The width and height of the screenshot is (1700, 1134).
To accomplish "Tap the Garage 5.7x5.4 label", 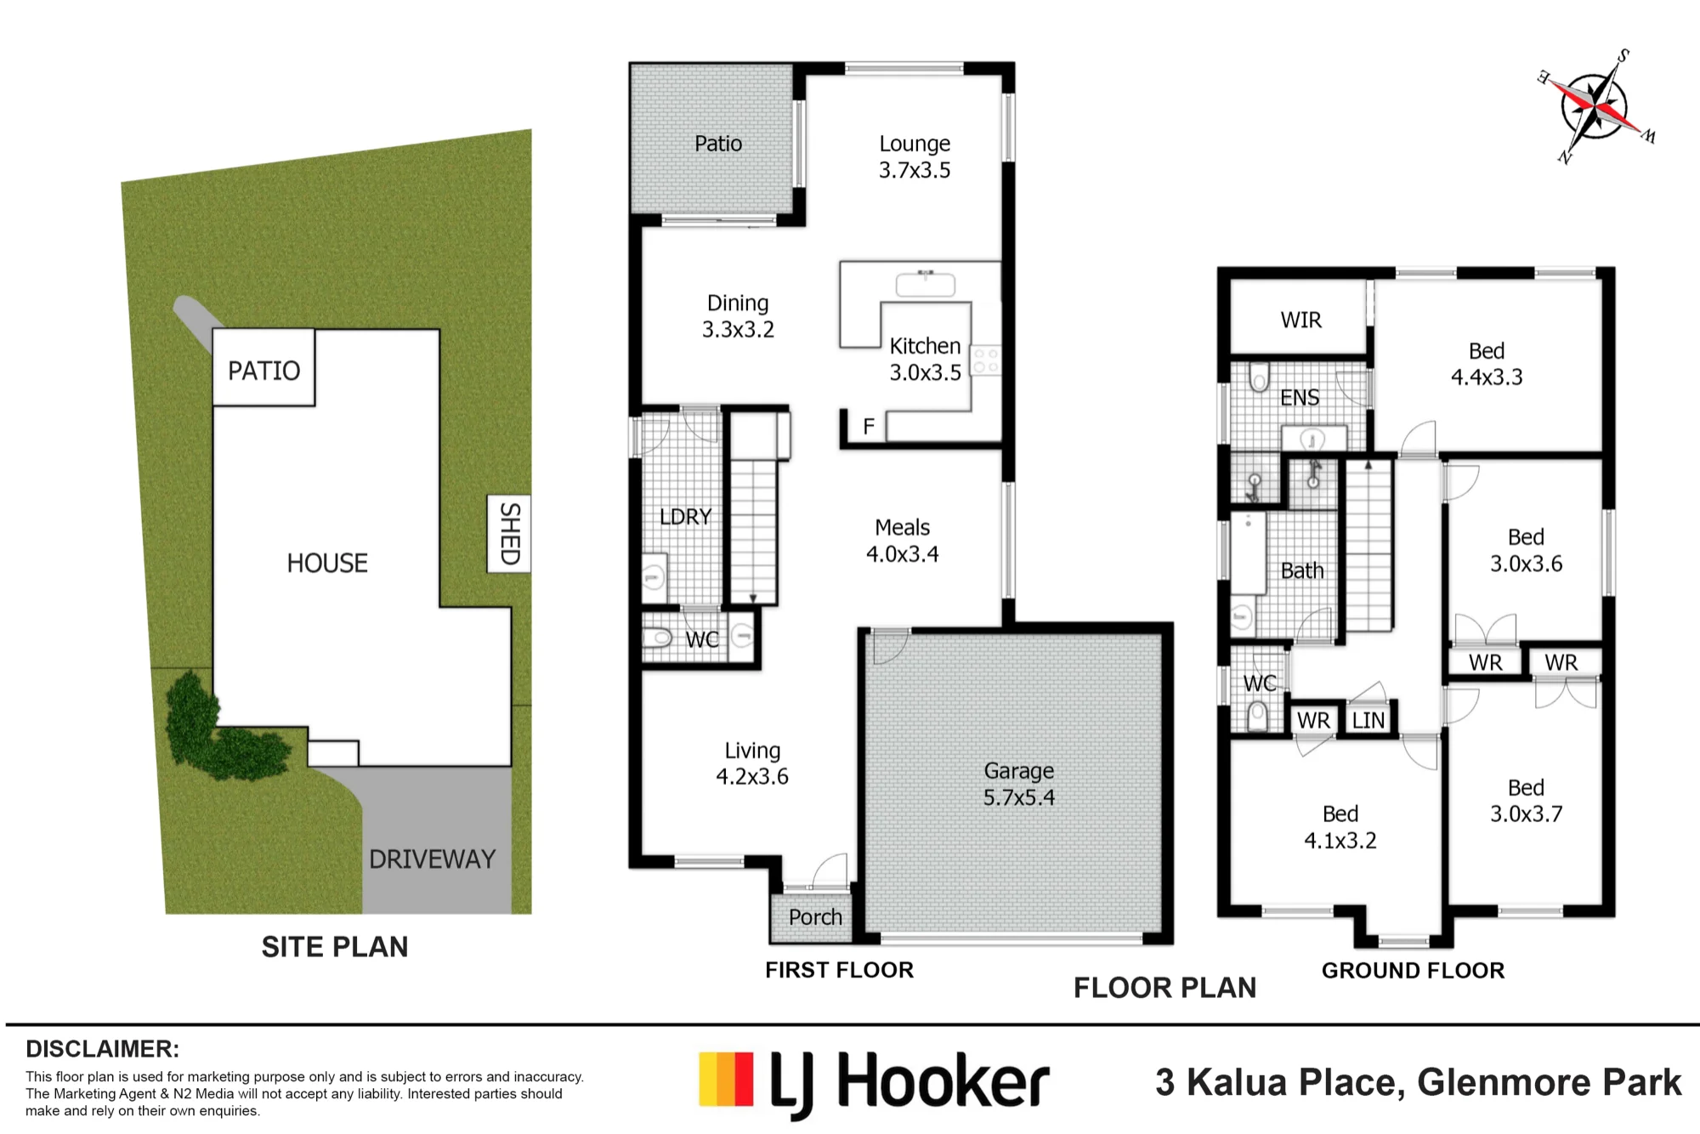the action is pyautogui.click(x=1019, y=784).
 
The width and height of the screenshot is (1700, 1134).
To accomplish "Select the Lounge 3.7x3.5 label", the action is pyautogui.click(x=915, y=156).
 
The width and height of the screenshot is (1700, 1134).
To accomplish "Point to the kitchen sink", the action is pyautogui.click(x=926, y=284).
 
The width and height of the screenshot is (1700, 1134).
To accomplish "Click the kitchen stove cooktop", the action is pyautogui.click(x=986, y=360).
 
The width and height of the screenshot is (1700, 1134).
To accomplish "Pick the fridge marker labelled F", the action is pyautogui.click(x=869, y=426).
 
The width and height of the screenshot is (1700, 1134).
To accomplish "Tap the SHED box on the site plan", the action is pyautogui.click(x=509, y=534).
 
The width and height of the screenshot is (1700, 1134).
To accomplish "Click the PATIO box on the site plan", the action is pyautogui.click(x=263, y=368).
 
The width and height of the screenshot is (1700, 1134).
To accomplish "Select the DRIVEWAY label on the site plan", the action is pyautogui.click(x=432, y=859).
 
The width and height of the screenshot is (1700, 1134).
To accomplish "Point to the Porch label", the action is pyautogui.click(x=815, y=917).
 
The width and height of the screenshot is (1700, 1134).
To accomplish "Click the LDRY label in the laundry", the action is pyautogui.click(x=685, y=517).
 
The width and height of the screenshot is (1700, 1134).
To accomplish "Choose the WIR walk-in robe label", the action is pyautogui.click(x=1301, y=320).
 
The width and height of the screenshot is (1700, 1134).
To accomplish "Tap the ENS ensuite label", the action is pyautogui.click(x=1300, y=398).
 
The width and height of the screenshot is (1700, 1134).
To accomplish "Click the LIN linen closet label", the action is pyautogui.click(x=1368, y=721).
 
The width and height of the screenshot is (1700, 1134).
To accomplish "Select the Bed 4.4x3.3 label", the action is pyautogui.click(x=1487, y=364).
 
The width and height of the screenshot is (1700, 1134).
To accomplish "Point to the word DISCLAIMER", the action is pyautogui.click(x=103, y=1049).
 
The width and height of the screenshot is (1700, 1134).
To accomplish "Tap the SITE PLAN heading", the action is pyautogui.click(x=335, y=947).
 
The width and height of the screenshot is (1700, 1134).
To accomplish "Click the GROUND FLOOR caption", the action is pyautogui.click(x=1413, y=971).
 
